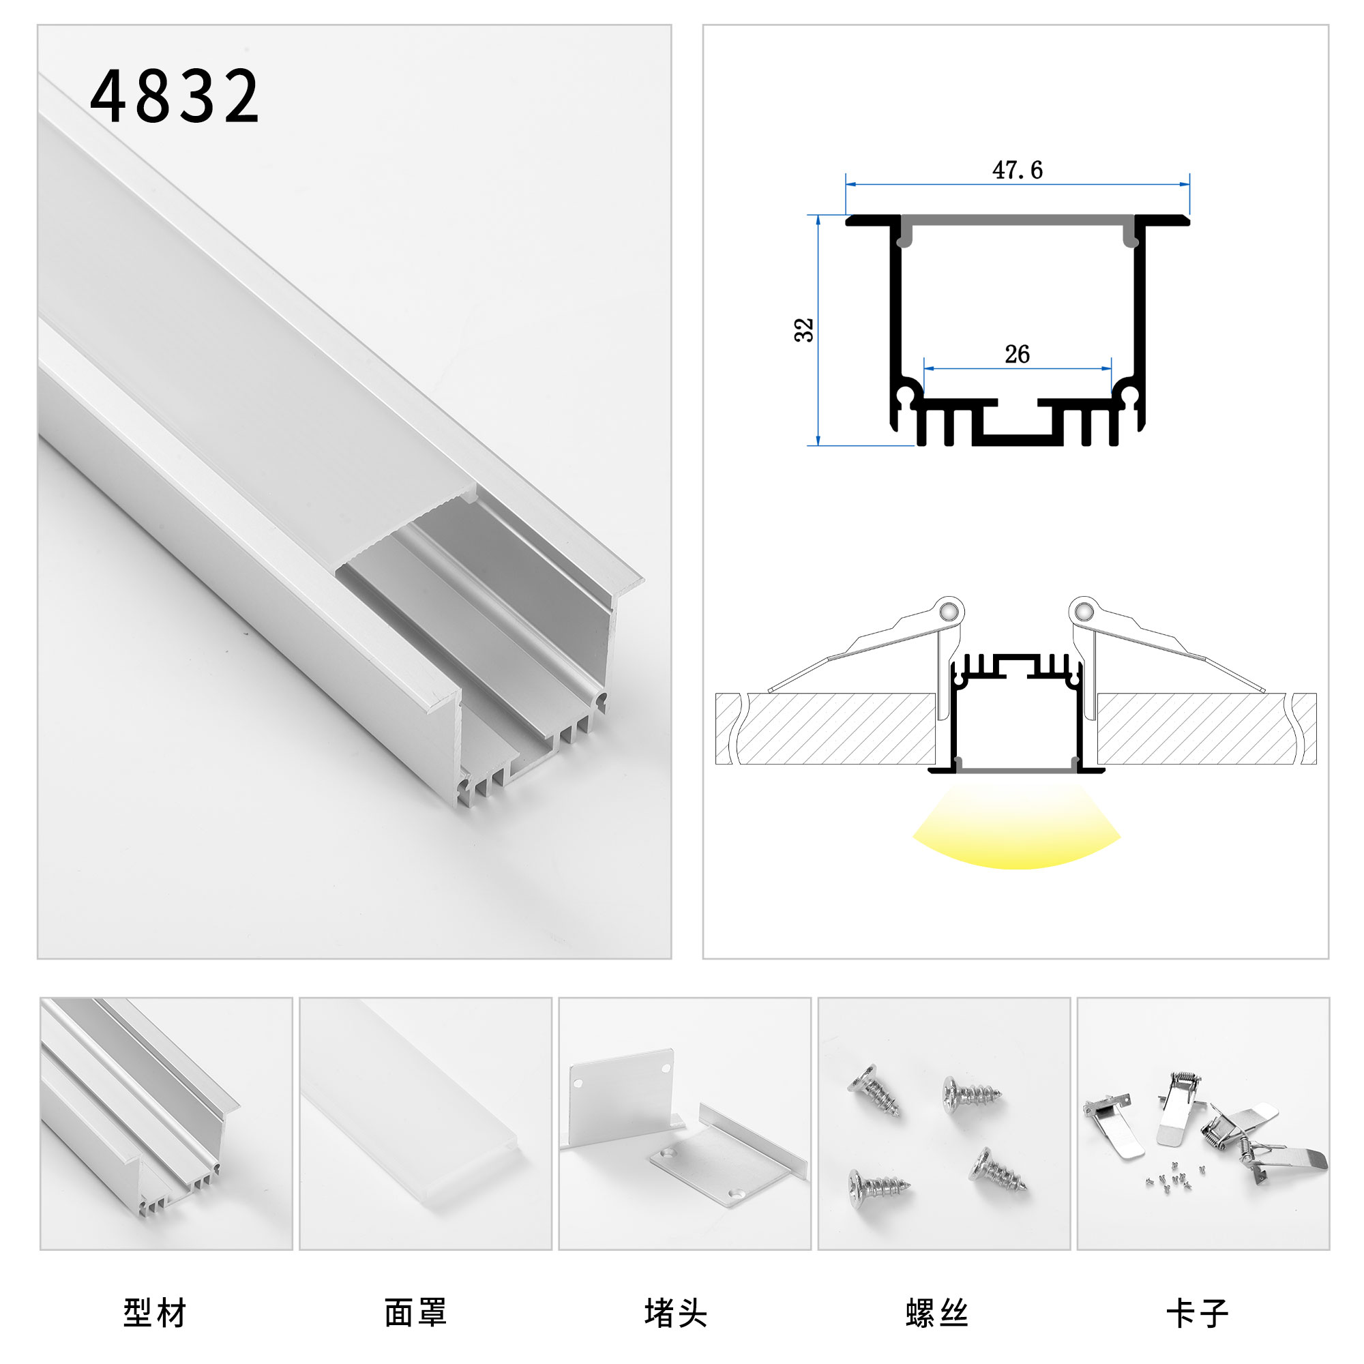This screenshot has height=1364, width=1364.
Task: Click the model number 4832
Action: tap(175, 97)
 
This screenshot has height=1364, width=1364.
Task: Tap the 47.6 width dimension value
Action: tap(1017, 170)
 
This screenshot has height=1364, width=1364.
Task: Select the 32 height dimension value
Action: tap(804, 330)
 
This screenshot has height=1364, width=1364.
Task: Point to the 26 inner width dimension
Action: tap(1017, 355)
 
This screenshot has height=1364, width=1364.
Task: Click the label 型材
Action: tap(155, 1313)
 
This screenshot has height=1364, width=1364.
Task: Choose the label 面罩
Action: tap(415, 1313)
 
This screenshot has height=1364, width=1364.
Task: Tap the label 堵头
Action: tap(676, 1313)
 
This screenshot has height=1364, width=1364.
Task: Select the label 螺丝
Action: tap(937, 1313)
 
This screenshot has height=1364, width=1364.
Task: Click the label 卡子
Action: tap(1198, 1313)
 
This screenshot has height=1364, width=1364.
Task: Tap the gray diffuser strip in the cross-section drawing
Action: tap(1017, 220)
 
